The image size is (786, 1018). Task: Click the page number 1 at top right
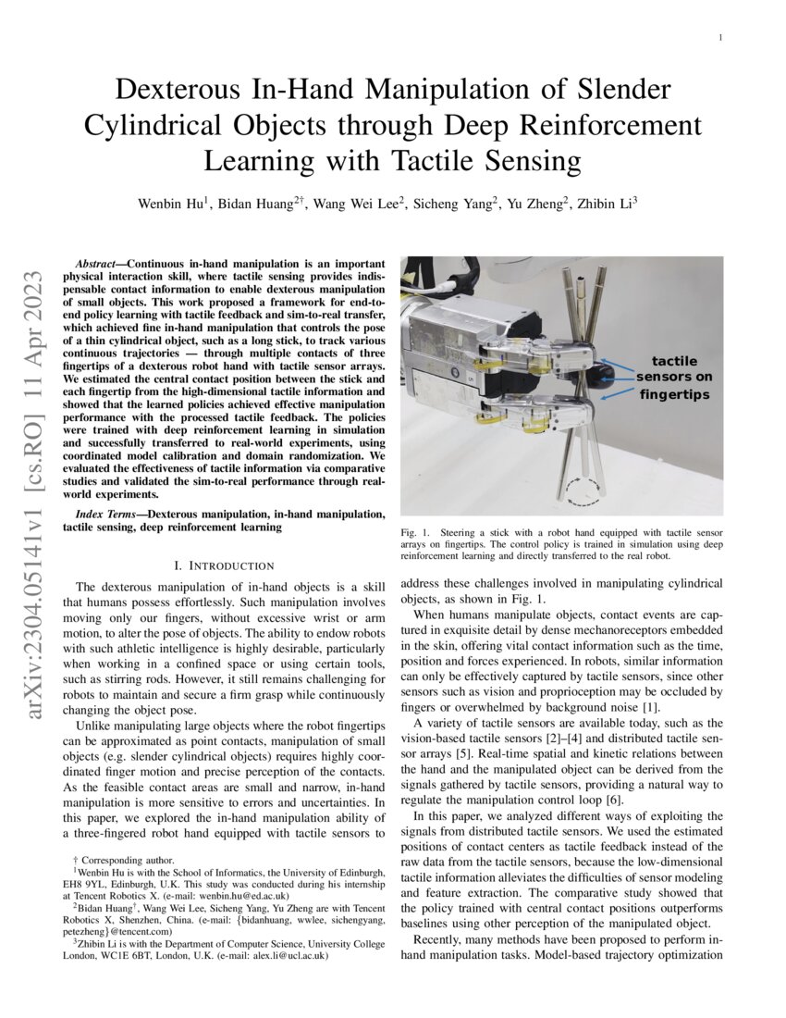(x=719, y=38)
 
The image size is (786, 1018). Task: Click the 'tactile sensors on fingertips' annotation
(x=674, y=378)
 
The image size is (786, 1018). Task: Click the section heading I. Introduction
(x=224, y=565)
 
